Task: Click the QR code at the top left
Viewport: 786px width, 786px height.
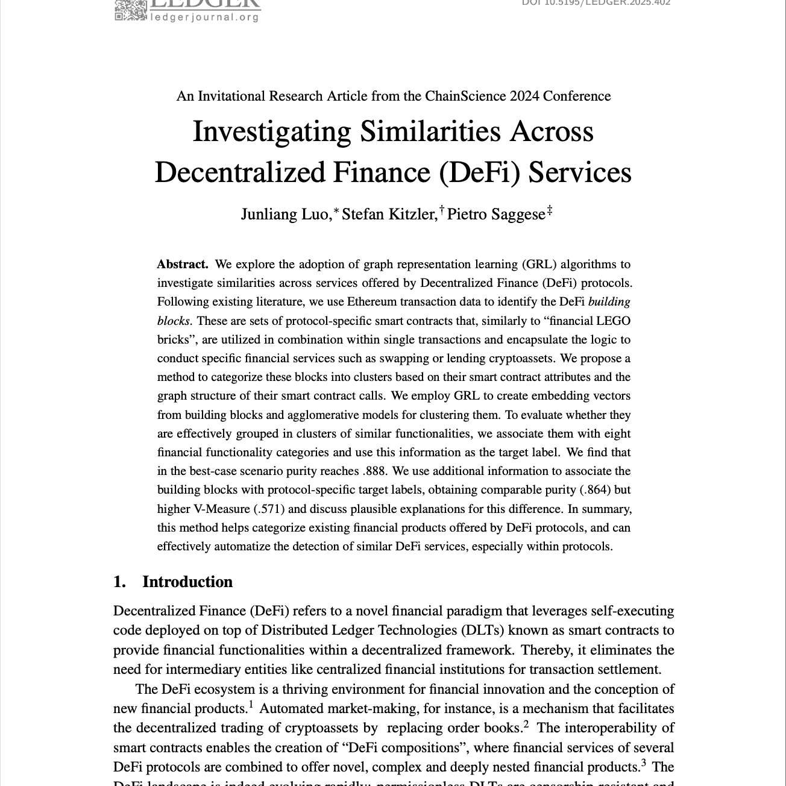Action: (130, 10)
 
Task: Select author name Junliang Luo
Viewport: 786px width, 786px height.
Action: (285, 215)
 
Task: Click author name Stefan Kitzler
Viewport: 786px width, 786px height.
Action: (389, 215)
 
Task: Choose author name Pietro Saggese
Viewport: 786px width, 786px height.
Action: (496, 215)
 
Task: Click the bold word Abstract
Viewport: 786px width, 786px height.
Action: (183, 264)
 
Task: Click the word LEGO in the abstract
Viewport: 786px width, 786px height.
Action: (614, 321)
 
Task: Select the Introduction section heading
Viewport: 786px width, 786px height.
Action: (187, 582)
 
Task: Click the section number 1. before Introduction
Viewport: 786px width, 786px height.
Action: (120, 582)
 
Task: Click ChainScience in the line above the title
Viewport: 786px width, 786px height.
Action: (464, 96)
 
